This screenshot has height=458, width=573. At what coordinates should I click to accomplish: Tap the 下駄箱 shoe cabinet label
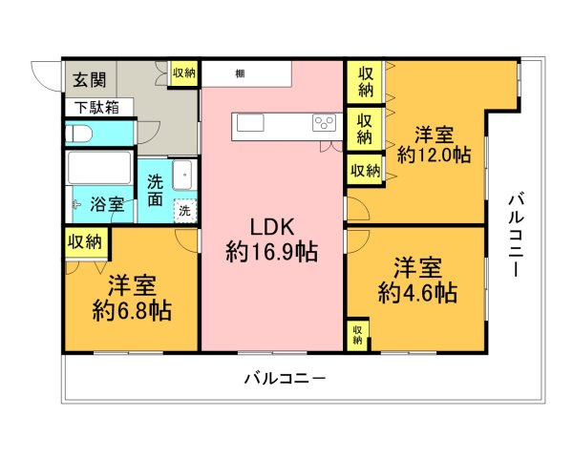92,107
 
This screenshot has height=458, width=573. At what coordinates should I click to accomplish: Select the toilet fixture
80,133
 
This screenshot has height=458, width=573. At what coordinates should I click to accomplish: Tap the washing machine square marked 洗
185,210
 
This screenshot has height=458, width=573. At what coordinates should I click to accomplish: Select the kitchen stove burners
325,123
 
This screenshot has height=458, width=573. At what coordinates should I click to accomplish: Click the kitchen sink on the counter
251,123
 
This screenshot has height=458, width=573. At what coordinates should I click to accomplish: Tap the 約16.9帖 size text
272,252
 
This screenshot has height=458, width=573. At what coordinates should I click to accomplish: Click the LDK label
271,227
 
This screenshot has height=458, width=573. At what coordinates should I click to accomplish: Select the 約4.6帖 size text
416,291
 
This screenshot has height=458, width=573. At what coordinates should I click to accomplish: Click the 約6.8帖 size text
132,310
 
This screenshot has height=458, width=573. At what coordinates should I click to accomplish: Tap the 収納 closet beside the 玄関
184,73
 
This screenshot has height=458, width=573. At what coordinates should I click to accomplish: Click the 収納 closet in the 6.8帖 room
84,242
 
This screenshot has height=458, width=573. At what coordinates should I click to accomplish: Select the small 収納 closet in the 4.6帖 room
357,334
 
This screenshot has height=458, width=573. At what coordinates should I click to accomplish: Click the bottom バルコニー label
284,378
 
